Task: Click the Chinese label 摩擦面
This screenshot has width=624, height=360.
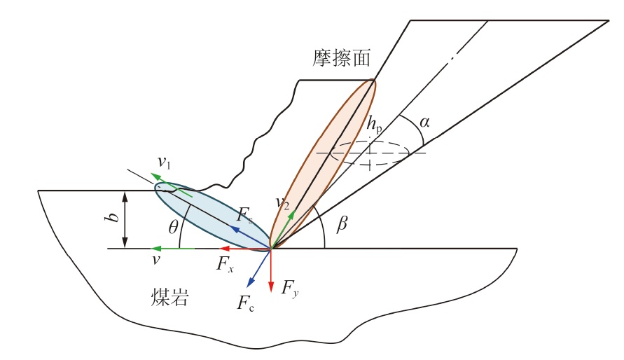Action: coord(341,57)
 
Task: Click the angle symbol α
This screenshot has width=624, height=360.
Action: coord(424,123)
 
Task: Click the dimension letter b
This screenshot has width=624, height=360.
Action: coord(110,219)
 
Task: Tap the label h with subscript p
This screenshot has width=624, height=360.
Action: coord(374,124)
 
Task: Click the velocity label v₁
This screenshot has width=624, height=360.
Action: coord(163,163)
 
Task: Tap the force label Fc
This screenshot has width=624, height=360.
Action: coord(245,303)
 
